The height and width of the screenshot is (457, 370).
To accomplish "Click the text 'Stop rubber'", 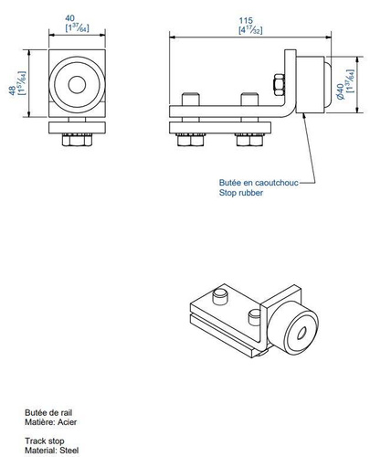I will [238, 194].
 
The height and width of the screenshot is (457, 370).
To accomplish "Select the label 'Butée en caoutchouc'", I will [258, 183].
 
